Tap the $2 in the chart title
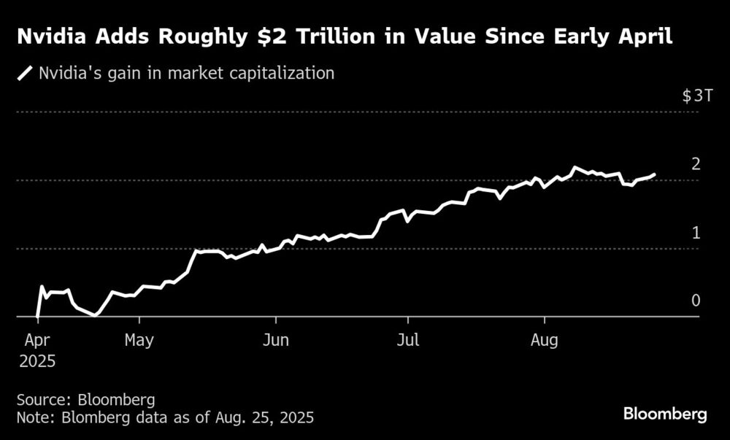pyautogui.click(x=315, y=37)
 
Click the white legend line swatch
pyautogui.click(x=26, y=73)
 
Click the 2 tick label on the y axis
pyautogui.click(x=696, y=163)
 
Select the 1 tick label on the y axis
pyautogui.click(x=696, y=233)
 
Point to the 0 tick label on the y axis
pyautogui.click(x=696, y=301)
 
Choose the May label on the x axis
pyautogui.click(x=139, y=340)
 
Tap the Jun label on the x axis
pyautogui.click(x=275, y=340)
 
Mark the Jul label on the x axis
pyautogui.click(x=408, y=340)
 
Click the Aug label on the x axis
pyautogui.click(x=544, y=340)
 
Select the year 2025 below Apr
pyautogui.click(x=36, y=360)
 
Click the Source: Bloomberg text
pyautogui.click(x=85, y=400)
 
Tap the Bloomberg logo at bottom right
pyautogui.click(x=665, y=414)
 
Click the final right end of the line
pyautogui.click(x=654, y=174)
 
